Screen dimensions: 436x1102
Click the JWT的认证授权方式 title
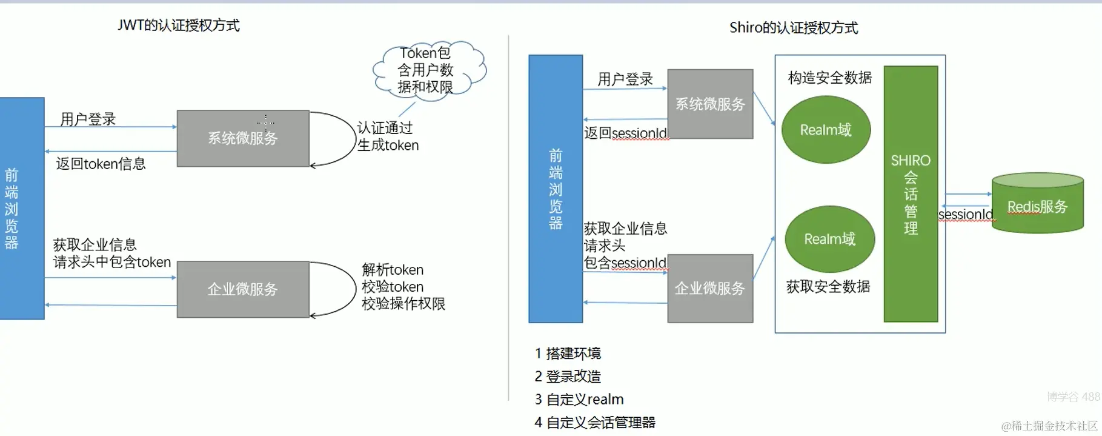179,25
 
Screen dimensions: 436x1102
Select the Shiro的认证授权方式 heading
793,28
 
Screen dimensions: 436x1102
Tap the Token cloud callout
428,70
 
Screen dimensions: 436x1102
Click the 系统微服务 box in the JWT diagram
243,138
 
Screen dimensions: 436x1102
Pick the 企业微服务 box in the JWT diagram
243,289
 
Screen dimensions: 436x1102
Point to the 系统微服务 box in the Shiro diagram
710,104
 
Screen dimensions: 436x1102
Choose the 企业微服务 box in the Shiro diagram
710,289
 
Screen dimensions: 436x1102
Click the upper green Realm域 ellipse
826,130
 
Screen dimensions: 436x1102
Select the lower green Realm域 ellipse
829,239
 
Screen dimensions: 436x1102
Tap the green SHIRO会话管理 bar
911,194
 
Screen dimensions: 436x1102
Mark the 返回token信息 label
101,164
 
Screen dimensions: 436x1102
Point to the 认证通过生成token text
388,136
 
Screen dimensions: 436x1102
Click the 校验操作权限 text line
403,304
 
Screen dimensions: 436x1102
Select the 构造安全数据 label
829,78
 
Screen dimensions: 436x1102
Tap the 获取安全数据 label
828,286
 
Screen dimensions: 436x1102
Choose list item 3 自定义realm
579,400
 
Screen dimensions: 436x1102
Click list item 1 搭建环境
568,354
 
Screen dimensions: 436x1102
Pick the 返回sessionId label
625,133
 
